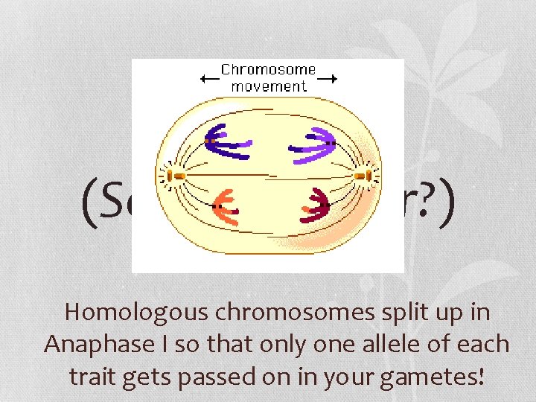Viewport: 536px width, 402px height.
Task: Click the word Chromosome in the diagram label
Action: (268, 70)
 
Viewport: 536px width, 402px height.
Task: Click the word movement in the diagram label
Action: (268, 86)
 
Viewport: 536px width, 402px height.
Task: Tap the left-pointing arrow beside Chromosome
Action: (208, 78)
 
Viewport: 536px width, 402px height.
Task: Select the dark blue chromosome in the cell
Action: (227, 142)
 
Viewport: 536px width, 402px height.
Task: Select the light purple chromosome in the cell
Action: (313, 142)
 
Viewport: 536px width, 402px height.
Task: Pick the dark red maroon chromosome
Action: (315, 205)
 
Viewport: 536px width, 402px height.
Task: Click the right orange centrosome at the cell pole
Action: (363, 176)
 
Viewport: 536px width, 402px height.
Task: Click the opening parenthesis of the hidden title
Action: (89, 202)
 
